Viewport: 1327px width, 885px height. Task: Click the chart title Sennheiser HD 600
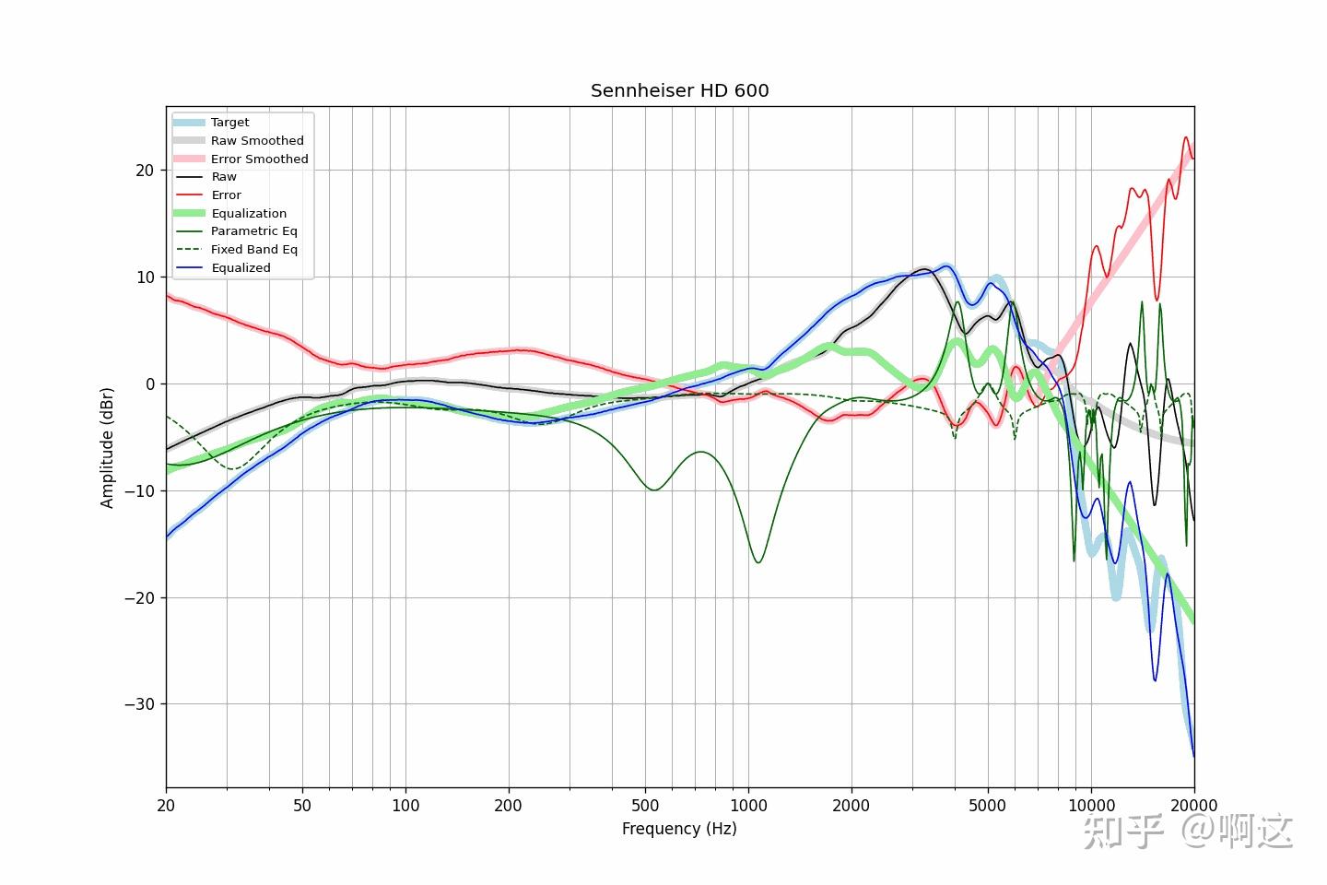[679, 90]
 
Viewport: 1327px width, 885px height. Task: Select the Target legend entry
[229, 123]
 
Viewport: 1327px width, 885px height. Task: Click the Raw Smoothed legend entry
[256, 141]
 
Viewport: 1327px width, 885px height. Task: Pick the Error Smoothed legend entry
[259, 159]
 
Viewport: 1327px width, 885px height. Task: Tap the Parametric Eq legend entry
[253, 231]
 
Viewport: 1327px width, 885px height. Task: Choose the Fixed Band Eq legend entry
[253, 250]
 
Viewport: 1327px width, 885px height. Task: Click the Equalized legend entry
[241, 268]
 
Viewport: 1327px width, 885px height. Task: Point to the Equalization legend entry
[248, 213]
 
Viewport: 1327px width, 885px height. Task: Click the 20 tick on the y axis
[145, 171]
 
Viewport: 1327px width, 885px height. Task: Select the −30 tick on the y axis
[140, 704]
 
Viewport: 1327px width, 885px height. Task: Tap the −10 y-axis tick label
[140, 491]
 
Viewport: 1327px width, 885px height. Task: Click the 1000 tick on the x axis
[748, 806]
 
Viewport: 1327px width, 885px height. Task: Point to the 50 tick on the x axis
[302, 806]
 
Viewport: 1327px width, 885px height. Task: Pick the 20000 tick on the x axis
[1193, 806]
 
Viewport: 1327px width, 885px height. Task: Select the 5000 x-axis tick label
[987, 806]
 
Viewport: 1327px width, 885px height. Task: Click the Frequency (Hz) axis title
[679, 829]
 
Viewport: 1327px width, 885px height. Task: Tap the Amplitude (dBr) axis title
[108, 447]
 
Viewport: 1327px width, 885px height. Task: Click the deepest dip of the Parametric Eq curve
[757, 562]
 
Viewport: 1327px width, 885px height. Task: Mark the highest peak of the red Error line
[1186, 137]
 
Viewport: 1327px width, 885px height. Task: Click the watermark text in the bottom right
[1188, 832]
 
